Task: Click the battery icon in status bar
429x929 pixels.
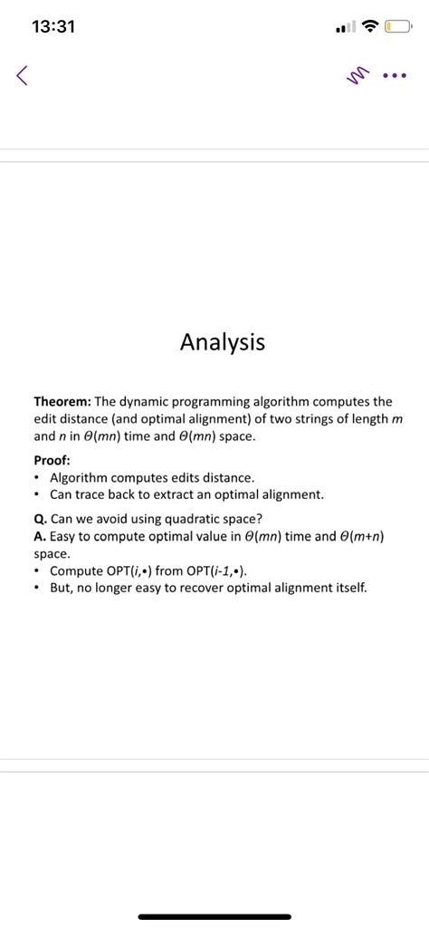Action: [396, 27]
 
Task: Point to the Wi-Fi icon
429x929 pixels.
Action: [367, 27]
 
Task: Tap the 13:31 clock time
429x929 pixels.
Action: [52, 27]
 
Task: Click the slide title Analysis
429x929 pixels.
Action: [223, 342]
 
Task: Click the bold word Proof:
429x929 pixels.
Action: [52, 459]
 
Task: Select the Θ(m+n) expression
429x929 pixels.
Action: [356, 536]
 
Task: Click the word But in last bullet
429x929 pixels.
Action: [62, 588]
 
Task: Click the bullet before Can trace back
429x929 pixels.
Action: [35, 494]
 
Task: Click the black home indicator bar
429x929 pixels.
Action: [214, 916]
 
